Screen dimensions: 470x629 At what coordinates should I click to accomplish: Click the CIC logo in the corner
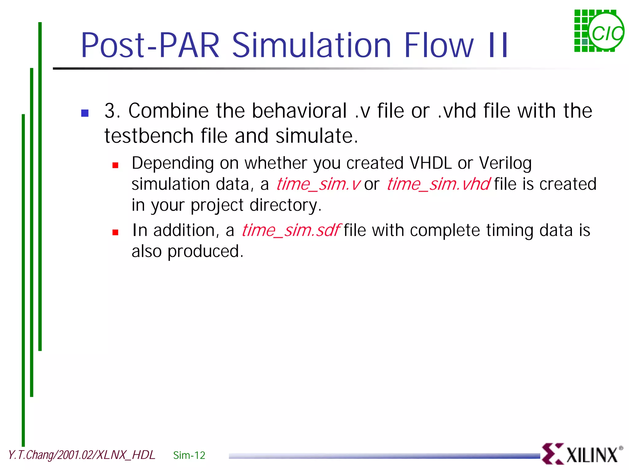(x=599, y=31)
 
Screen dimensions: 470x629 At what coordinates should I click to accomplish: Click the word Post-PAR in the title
(x=150, y=45)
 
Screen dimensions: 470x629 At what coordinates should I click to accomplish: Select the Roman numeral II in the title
(x=498, y=45)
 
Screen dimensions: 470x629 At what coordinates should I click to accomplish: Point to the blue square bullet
(x=85, y=113)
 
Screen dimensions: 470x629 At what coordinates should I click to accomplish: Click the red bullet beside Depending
(x=115, y=166)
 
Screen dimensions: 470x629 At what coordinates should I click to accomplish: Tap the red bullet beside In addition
(x=115, y=233)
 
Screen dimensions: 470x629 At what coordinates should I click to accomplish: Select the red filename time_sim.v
(x=318, y=185)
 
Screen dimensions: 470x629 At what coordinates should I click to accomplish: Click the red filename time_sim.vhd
(x=438, y=185)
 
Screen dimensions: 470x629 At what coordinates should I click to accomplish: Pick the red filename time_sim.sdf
(x=291, y=231)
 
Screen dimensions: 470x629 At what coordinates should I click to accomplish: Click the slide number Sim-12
(x=189, y=455)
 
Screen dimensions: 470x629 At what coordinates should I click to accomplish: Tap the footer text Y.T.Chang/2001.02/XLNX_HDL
(x=81, y=455)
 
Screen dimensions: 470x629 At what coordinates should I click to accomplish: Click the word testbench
(x=149, y=136)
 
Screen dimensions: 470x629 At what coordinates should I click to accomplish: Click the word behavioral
(x=299, y=111)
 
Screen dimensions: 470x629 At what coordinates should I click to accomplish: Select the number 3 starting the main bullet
(x=110, y=111)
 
